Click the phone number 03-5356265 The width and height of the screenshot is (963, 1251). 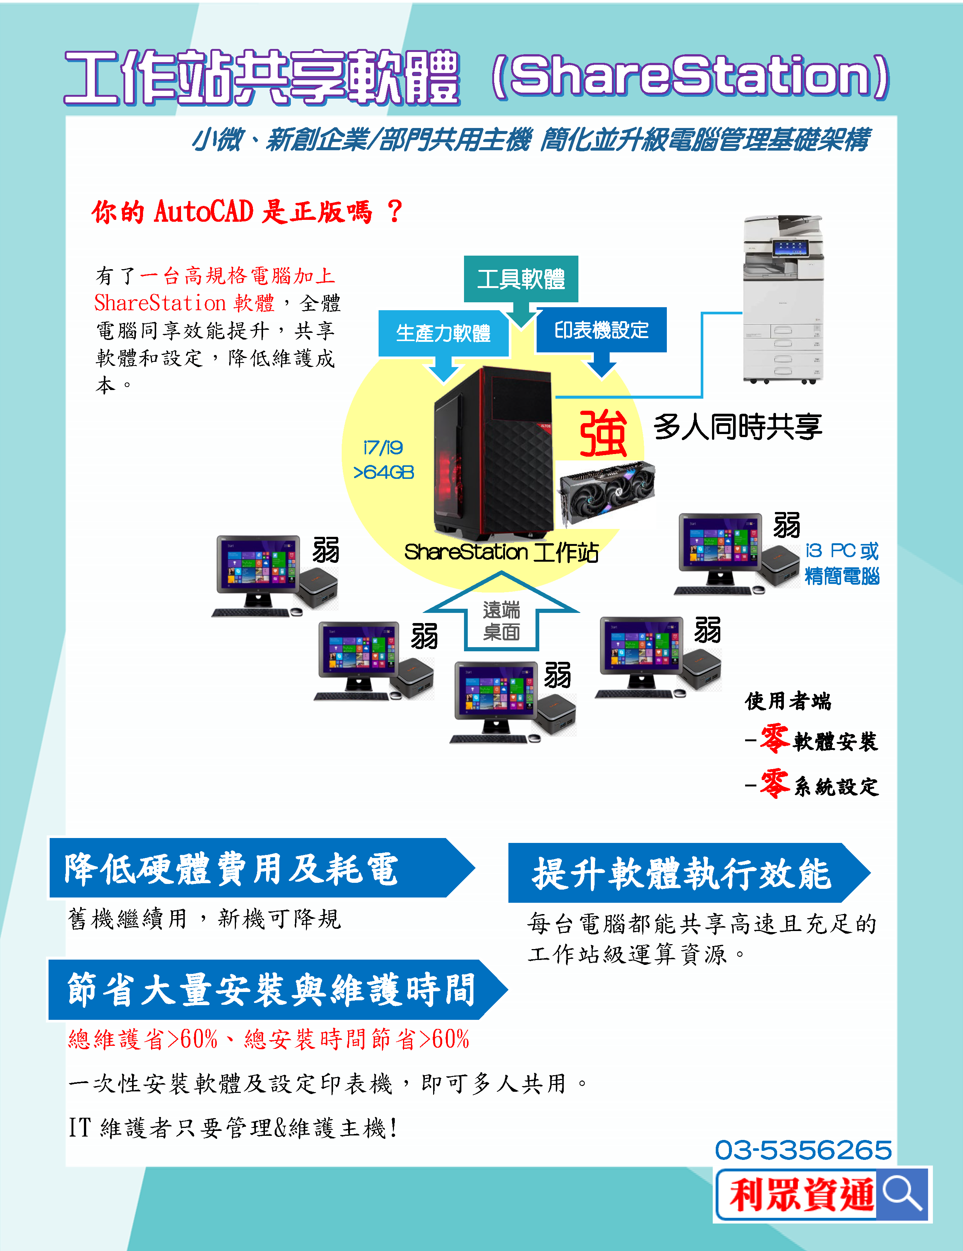(803, 1150)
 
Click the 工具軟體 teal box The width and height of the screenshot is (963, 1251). (521, 279)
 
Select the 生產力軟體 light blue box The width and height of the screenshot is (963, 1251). (443, 333)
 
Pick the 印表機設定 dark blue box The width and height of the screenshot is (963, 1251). (601, 330)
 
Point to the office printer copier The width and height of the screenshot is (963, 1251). (783, 300)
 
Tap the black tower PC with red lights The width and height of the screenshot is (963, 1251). (493, 453)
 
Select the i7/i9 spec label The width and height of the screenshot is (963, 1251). (383, 447)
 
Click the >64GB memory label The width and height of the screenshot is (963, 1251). (383, 472)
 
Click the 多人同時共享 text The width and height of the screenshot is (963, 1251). (738, 427)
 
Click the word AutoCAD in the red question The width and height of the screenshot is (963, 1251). (204, 211)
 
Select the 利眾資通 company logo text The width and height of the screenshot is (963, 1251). (802, 1195)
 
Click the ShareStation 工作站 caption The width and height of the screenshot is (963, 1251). (501, 553)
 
